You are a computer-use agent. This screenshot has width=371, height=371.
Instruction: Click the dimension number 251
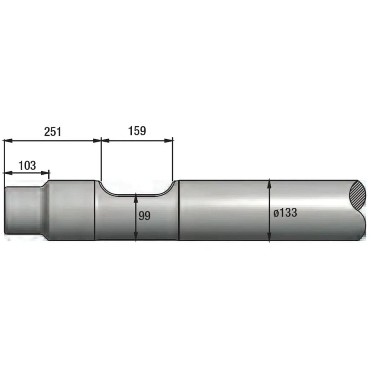(52, 132)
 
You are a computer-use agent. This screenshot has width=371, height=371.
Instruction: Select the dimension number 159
(137, 131)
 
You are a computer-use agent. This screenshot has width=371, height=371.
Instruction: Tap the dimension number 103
(27, 166)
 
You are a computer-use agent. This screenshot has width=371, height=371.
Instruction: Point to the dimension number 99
(144, 216)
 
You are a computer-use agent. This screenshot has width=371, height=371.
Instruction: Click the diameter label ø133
(285, 212)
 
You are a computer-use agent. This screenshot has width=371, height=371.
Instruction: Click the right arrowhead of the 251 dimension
(97, 141)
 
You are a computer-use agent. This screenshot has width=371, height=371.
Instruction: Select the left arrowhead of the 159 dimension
(105, 141)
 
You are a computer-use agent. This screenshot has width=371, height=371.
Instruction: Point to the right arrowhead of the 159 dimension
(169, 141)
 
